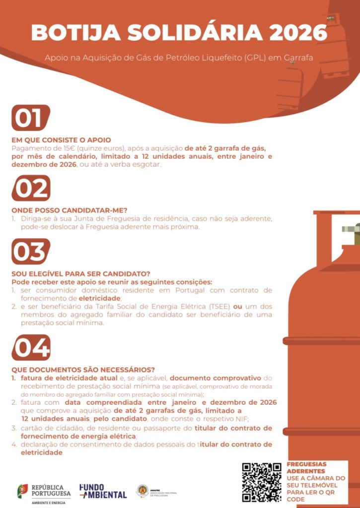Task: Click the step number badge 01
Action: (x=31, y=118)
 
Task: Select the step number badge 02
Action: (x=31, y=188)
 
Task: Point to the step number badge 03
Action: (x=31, y=252)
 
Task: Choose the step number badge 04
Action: (x=31, y=348)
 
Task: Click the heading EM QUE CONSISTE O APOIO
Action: (x=61, y=140)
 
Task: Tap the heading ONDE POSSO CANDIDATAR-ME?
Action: (x=70, y=210)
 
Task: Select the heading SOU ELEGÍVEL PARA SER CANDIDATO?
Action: (x=81, y=274)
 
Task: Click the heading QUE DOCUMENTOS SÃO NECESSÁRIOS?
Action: (x=83, y=370)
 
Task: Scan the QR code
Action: (x=262, y=482)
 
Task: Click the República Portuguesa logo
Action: (x=44, y=494)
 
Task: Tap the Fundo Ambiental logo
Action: (x=103, y=491)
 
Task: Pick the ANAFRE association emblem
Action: (x=143, y=491)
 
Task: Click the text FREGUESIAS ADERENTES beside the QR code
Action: (x=306, y=468)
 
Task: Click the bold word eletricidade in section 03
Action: (x=100, y=298)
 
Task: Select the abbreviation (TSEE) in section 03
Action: (x=219, y=307)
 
